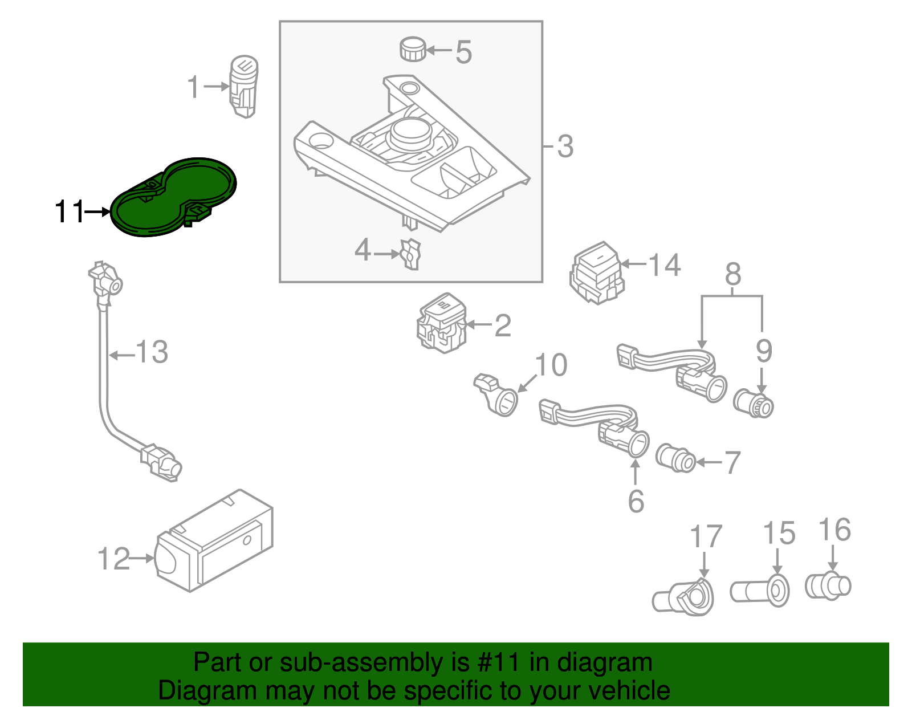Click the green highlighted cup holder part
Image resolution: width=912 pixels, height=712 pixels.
coord(171,197)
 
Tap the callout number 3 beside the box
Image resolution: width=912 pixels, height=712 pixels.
coord(564,147)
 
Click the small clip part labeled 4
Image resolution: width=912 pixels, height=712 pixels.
coord(410,254)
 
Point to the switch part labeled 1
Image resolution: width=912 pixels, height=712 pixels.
coord(243,87)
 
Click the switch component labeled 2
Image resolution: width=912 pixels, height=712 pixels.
coord(442,324)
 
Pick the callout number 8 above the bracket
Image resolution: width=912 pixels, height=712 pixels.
coord(733,274)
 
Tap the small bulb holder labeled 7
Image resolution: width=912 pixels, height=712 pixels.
coord(675,458)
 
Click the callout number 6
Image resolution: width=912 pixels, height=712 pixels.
coord(636,501)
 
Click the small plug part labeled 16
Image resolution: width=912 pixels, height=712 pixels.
coord(828,585)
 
